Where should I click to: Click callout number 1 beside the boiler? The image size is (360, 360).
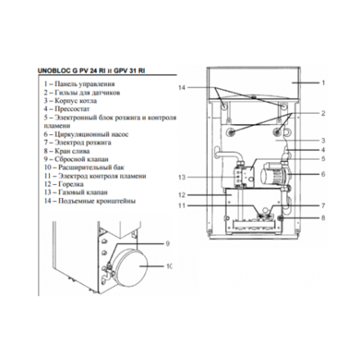point(323,83)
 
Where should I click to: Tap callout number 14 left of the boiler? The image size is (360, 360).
point(183,88)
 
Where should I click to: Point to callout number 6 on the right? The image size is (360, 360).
point(323,173)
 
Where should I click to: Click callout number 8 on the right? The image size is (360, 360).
point(323,218)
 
